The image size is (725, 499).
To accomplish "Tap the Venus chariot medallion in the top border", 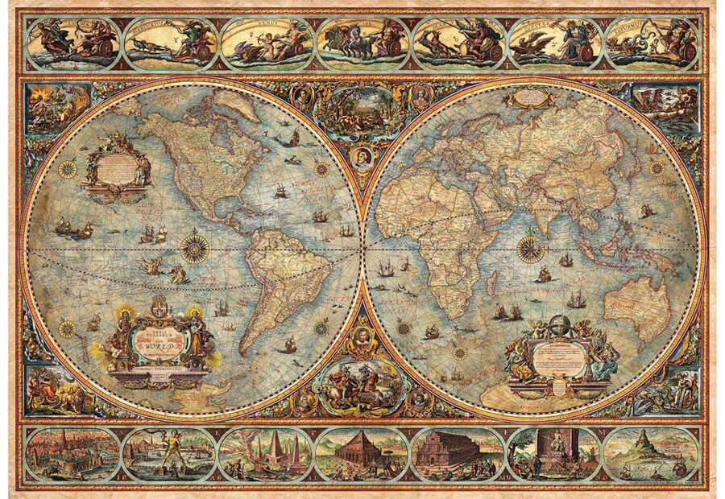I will [265, 43].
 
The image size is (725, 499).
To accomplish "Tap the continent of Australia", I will [636, 306].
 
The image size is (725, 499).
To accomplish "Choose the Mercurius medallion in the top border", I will [169, 43].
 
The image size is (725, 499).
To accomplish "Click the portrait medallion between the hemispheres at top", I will [362, 157].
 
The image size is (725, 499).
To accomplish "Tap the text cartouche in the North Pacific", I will [117, 169].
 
